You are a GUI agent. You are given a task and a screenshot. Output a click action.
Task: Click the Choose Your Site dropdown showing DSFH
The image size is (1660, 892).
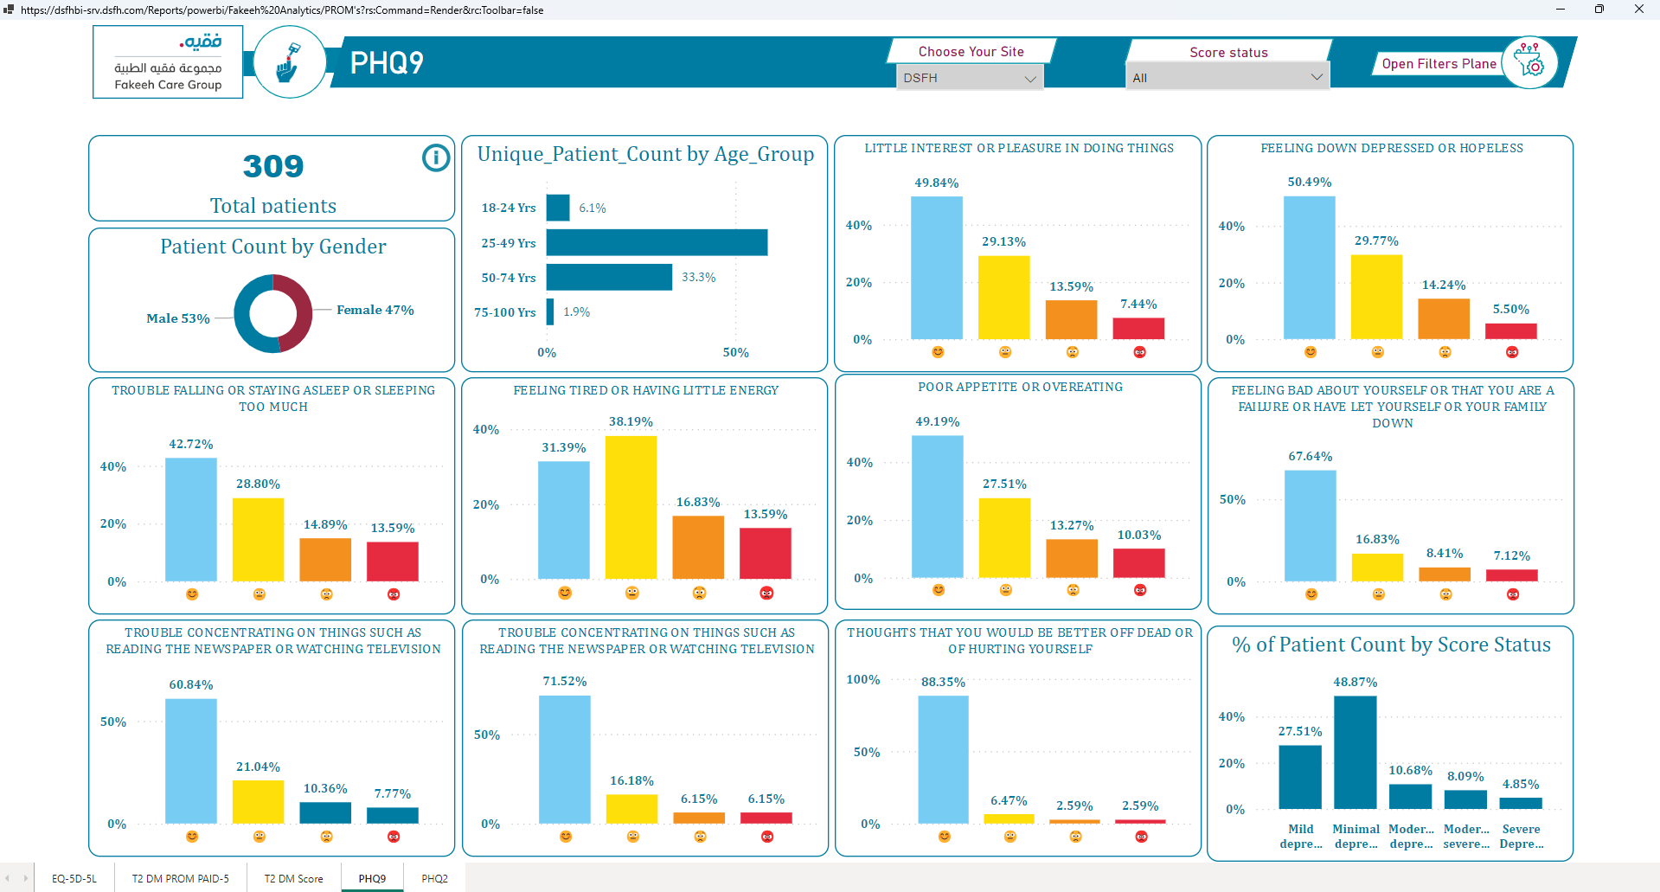click(x=969, y=78)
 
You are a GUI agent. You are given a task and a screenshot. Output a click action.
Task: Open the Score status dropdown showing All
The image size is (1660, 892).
click(x=1227, y=78)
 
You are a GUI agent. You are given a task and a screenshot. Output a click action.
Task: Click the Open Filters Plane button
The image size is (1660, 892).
click(x=1439, y=64)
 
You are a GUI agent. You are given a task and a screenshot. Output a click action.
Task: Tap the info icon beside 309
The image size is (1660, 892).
click(x=436, y=157)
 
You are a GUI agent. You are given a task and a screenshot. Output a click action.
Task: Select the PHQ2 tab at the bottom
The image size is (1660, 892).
click(x=434, y=878)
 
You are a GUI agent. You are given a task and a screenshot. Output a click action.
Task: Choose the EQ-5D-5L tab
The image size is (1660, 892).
click(x=74, y=878)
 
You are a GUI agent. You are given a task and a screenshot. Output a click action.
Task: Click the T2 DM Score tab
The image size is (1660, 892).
click(x=293, y=878)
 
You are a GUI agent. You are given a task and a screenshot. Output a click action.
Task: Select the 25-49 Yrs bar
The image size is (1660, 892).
click(x=657, y=242)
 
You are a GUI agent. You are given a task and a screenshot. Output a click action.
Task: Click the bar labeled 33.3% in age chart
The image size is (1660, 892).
click(x=609, y=277)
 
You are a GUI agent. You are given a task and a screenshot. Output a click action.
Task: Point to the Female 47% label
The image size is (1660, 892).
click(x=375, y=310)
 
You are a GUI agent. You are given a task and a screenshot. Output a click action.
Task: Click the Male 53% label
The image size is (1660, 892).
click(x=178, y=318)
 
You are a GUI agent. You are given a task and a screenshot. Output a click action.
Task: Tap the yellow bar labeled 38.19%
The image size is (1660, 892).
click(x=631, y=507)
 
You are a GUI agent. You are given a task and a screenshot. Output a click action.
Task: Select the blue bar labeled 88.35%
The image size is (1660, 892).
click(x=943, y=760)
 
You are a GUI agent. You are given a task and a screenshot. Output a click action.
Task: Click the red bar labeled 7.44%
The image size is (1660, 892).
click(x=1138, y=329)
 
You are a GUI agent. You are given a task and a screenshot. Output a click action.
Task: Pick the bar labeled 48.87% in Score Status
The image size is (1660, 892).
click(x=1355, y=752)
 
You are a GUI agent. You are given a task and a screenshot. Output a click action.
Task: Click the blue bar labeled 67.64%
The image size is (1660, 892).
click(x=1310, y=526)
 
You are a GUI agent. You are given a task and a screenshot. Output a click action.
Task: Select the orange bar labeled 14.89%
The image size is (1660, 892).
click(x=325, y=560)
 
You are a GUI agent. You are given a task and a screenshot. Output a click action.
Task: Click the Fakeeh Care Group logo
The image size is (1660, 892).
click(x=168, y=62)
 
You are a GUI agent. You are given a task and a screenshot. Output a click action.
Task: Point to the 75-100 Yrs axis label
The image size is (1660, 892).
click(x=505, y=312)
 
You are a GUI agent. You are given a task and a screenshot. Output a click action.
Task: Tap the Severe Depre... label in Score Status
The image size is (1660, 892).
click(x=1521, y=837)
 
